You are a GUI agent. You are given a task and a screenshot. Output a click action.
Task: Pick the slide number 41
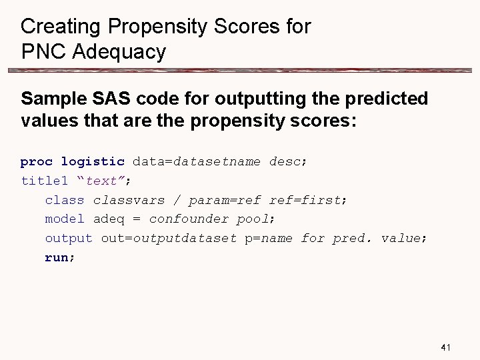(x=447, y=347)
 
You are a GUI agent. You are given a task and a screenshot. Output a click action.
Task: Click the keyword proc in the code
(x=37, y=161)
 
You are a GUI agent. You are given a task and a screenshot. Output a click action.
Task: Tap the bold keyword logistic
(x=93, y=161)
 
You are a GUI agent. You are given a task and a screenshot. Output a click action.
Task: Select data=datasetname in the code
(x=197, y=161)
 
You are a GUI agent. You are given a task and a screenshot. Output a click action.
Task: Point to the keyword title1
(x=45, y=181)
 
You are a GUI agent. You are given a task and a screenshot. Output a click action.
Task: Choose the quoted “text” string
(x=105, y=181)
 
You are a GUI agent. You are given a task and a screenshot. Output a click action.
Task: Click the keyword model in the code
(x=65, y=219)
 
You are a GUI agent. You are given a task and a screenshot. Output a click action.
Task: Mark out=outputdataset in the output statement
(x=169, y=239)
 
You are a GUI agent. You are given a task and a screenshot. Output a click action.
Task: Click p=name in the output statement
(x=269, y=239)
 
